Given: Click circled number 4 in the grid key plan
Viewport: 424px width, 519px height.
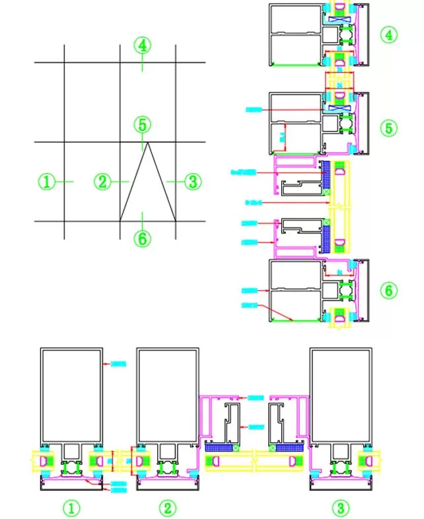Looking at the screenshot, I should click(x=142, y=46).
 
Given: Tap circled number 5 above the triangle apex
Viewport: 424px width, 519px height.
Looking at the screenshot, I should click(x=142, y=124).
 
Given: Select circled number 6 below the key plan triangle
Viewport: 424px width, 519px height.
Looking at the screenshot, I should click(x=142, y=238).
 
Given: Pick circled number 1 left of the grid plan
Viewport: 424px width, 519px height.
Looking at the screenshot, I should click(x=47, y=181).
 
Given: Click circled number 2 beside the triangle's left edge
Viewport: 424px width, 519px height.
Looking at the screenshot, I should click(x=102, y=181).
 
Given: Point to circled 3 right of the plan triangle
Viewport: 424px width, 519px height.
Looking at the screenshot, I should click(x=192, y=181).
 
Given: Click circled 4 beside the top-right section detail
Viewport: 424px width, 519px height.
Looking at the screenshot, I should click(x=389, y=33).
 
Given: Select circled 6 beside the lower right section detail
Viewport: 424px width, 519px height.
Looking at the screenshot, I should click(x=389, y=290).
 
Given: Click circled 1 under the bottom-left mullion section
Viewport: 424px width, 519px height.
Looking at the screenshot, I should click(x=71, y=508).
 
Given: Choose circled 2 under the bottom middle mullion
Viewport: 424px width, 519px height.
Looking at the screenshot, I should click(x=168, y=508).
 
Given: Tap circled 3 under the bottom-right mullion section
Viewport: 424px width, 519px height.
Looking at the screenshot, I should click(x=340, y=508).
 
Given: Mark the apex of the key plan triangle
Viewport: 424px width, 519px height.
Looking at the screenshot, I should click(x=147, y=142).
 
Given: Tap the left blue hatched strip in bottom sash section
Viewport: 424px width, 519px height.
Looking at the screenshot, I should click(x=221, y=448).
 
